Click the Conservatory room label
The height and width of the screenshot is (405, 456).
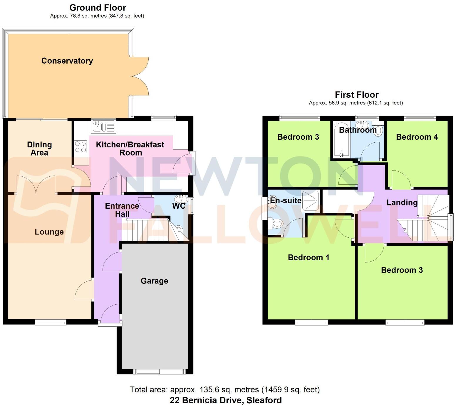(67, 61)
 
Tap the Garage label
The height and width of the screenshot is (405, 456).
(154, 281)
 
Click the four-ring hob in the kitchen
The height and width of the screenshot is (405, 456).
(81, 147)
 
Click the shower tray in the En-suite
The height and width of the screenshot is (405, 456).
(310, 201)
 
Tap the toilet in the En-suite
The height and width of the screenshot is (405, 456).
(276, 225)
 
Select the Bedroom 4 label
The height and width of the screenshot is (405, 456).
(417, 137)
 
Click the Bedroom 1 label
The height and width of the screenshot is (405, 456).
(308, 257)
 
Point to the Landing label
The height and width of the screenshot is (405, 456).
(402, 203)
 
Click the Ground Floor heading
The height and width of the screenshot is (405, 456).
(98, 8)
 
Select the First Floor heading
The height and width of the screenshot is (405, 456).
(356, 95)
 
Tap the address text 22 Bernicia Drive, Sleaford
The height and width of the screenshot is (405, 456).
(225, 400)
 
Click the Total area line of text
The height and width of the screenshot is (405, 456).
(224, 390)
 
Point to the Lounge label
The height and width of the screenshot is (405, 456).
(49, 232)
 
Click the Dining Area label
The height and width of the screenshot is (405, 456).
(39, 148)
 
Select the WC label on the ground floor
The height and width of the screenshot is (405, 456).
(179, 206)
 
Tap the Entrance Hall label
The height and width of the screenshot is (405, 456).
(122, 210)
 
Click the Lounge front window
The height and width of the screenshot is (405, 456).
(51, 322)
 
